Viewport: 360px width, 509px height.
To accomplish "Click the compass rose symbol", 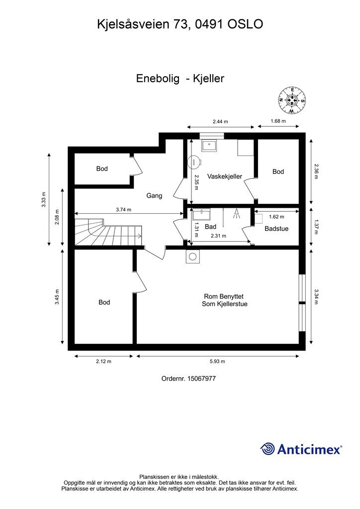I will pos(291,100).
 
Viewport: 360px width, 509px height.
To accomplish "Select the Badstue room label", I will pos(276,229).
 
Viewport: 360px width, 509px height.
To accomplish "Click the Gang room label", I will pos(154,196).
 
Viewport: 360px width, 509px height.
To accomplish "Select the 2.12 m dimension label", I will pos(103,361).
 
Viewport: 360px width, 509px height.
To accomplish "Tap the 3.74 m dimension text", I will pos(123,210).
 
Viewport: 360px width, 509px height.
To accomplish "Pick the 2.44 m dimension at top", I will pos(220,121).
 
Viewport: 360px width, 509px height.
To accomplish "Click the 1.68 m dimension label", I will pos(278,121).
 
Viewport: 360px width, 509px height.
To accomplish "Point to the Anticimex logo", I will pos(301,449).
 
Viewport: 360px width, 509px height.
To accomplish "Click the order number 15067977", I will pos(188,379).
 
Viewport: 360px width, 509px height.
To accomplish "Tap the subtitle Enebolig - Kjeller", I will pos(180,79).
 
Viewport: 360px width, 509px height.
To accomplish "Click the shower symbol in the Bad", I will pos(237,213).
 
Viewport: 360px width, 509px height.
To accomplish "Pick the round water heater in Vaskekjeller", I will pos(193,161).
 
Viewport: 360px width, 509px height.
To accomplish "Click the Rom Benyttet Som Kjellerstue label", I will pos(225,300).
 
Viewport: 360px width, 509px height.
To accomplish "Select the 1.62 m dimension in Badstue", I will pos(276,217).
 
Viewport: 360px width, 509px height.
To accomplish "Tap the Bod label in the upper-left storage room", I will pos(102,169).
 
